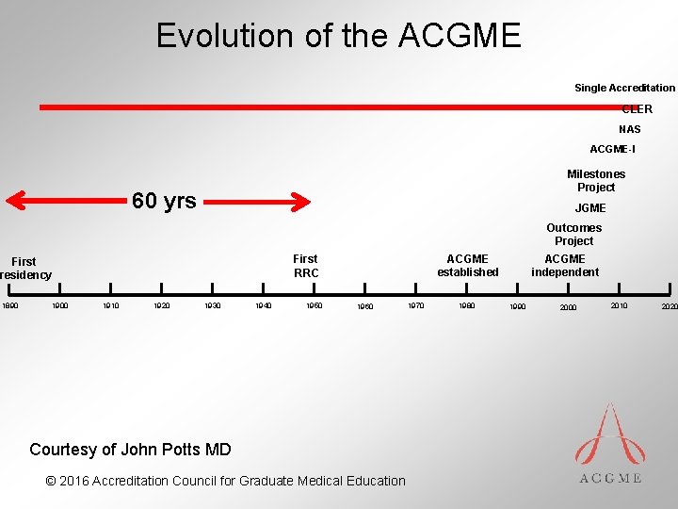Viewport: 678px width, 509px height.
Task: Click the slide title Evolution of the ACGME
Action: (338, 36)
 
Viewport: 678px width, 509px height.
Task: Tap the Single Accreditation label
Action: (624, 88)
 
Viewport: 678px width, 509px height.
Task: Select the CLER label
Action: (637, 109)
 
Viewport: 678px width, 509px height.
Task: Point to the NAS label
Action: (629, 129)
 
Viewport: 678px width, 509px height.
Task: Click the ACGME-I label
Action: (612, 149)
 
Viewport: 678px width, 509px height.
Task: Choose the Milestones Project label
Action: (596, 180)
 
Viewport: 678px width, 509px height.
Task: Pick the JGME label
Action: (590, 208)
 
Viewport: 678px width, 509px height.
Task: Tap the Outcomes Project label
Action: (573, 234)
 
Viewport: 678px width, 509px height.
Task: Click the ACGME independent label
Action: (565, 266)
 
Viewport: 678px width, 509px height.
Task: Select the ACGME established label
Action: (468, 266)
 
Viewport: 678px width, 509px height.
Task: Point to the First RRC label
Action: (306, 266)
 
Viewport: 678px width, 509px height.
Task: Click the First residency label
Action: (24, 269)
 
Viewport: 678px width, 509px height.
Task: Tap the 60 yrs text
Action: (165, 201)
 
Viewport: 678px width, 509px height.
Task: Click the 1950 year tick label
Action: (314, 305)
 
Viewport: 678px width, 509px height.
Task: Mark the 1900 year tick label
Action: (60, 305)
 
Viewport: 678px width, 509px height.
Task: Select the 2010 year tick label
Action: (619, 305)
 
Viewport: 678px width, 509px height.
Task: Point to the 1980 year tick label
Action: (466, 305)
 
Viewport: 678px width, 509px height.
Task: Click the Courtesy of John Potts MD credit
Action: (130, 449)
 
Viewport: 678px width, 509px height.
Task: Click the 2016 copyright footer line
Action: (225, 481)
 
